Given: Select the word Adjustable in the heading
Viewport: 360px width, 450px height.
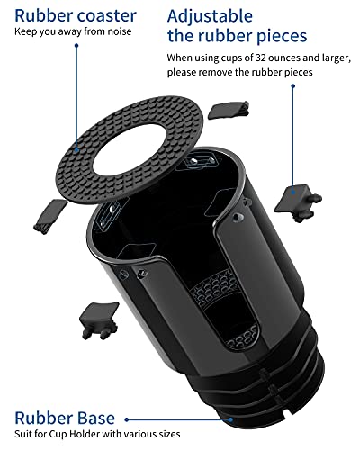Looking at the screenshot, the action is click(210, 17).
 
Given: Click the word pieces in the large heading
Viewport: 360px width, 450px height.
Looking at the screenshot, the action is click(282, 36).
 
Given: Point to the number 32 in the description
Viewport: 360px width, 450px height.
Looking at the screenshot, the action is click(260, 58).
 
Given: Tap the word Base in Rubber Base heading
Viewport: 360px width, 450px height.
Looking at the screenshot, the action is click(96, 418).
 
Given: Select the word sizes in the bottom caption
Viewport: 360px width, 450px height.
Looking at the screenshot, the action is click(169, 434).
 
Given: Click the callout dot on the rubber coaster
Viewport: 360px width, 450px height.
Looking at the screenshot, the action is click(76, 150).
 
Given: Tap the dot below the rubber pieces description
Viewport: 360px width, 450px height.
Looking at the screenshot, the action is click(293, 86).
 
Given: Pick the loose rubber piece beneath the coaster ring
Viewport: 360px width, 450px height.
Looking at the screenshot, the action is click(50, 216).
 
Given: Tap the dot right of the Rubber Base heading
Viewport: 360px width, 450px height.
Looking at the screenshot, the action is click(127, 419).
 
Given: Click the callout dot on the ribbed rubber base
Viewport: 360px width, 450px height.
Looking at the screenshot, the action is click(230, 419).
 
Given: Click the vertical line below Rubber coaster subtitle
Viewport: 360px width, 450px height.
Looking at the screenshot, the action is click(76, 96).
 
